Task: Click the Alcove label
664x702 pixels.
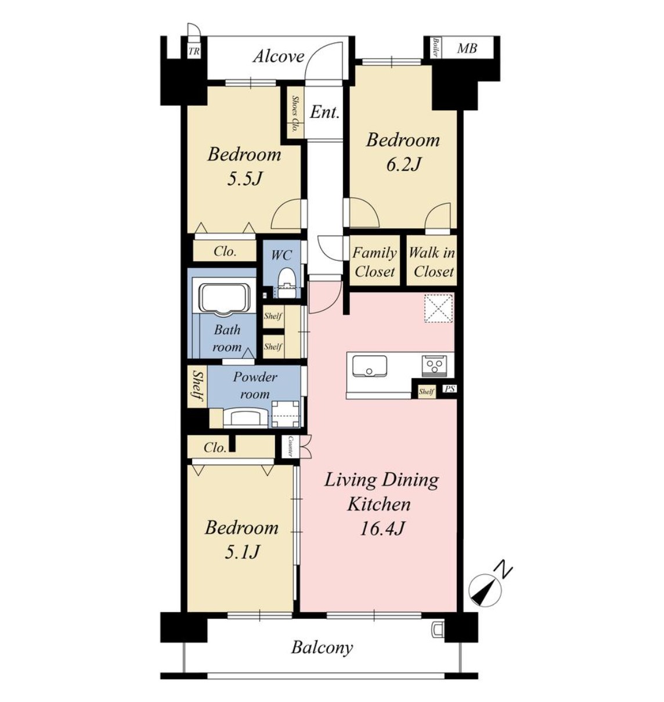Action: (x=279, y=56)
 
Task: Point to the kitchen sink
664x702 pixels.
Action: (x=369, y=366)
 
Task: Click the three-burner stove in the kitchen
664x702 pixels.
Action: (x=432, y=365)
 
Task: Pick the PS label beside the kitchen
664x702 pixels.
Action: (x=449, y=389)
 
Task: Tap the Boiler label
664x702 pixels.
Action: (x=435, y=48)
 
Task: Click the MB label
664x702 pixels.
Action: (x=467, y=48)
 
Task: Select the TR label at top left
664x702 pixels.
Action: (x=194, y=52)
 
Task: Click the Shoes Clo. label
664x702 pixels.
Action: (x=295, y=114)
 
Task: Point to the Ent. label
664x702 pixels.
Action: (x=324, y=113)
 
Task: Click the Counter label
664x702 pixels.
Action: (x=290, y=446)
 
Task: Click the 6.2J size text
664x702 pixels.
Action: (x=402, y=164)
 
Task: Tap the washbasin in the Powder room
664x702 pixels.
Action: (x=246, y=417)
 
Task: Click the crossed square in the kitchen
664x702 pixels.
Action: (x=439, y=308)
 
